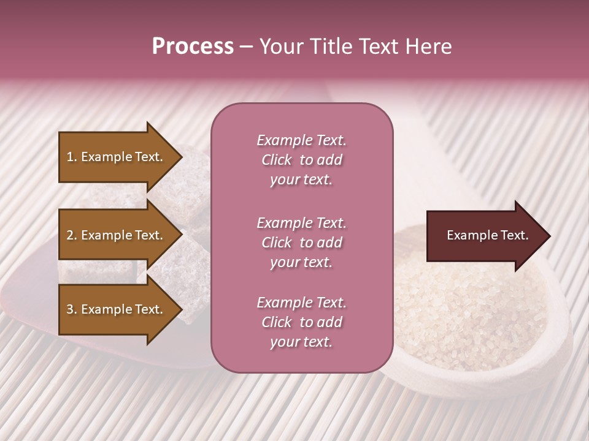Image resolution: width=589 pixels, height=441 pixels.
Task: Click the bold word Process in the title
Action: coord(193,47)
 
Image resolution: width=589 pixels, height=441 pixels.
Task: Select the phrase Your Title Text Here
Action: coord(355,47)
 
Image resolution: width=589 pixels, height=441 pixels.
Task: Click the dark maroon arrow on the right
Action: coord(479,236)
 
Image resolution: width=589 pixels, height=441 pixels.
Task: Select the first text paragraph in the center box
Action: coord(301,160)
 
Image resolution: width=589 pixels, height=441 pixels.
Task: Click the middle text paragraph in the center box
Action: coord(301,243)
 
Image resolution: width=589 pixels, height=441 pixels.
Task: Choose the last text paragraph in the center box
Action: coord(301,322)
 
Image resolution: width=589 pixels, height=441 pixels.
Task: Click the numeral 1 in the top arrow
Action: coord(69,157)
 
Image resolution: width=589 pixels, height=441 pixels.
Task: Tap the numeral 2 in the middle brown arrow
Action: coord(70,235)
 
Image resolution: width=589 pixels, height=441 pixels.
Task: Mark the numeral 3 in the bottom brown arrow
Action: coord(70,309)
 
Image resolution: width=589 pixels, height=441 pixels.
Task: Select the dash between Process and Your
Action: coord(246,47)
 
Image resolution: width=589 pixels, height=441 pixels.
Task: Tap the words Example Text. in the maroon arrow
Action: coord(487,235)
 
